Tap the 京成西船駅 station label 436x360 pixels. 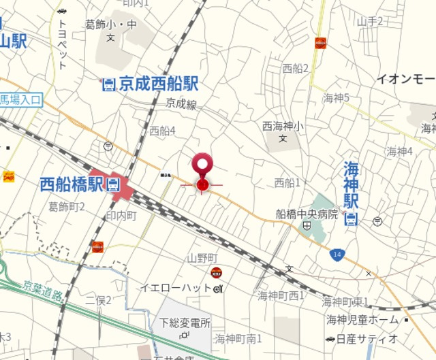[158, 84]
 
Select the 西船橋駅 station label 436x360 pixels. [71, 184]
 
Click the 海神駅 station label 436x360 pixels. [351, 184]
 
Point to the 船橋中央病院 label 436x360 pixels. [307, 214]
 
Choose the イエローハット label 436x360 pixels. [176, 288]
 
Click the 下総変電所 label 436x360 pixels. [185, 323]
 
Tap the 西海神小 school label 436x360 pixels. [283, 126]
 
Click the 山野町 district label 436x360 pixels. [202, 258]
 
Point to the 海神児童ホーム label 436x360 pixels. [362, 319]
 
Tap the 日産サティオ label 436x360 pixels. [371, 338]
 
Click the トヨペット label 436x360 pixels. [63, 44]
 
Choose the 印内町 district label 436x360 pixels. [122, 215]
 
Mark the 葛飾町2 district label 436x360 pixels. [66, 206]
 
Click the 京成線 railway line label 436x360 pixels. [181, 104]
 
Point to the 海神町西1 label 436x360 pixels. [281, 295]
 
